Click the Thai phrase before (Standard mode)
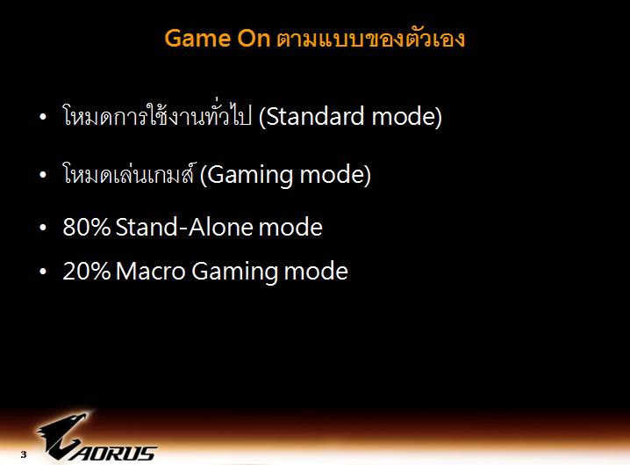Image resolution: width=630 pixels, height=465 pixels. [158, 117]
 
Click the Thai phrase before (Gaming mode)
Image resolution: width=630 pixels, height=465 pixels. [129, 175]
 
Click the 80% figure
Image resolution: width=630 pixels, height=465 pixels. [86, 228]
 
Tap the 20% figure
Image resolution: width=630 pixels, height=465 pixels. [86, 272]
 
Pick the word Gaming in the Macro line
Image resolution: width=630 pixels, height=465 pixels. [235, 272]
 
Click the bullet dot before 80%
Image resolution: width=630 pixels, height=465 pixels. [44, 229]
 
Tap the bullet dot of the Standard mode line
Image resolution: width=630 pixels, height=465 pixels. [44, 118]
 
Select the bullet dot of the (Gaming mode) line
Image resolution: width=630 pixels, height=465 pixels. [44, 176]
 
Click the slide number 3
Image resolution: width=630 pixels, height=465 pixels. [24, 455]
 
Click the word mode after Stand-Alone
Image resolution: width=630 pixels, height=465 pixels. [291, 228]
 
